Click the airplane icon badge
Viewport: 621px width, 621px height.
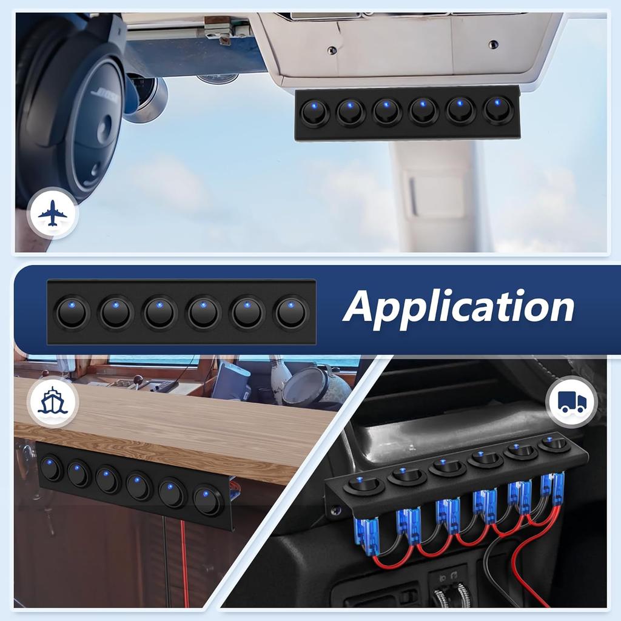(x=53, y=213)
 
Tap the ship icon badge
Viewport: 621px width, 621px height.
(x=53, y=403)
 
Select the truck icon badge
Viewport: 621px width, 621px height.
(x=571, y=401)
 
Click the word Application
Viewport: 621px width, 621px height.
(x=458, y=306)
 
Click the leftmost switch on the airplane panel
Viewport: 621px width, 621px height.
(x=315, y=113)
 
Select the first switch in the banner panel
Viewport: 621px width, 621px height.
(x=73, y=313)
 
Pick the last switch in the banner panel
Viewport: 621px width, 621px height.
(x=292, y=312)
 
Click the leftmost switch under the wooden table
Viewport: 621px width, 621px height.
(x=52, y=469)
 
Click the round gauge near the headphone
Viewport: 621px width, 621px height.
(x=146, y=94)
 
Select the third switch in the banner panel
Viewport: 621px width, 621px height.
(x=160, y=313)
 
